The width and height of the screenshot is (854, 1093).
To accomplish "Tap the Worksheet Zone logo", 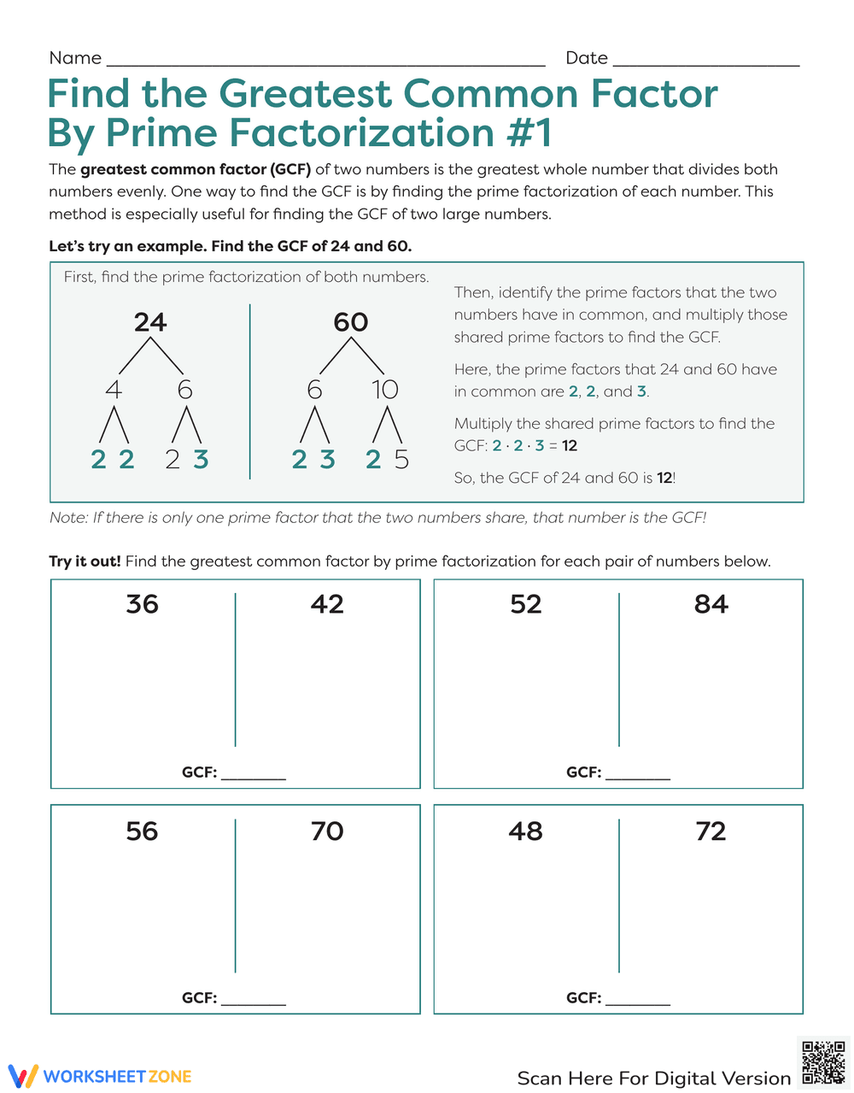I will (100, 1076).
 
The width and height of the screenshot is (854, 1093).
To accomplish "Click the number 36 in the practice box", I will (142, 604).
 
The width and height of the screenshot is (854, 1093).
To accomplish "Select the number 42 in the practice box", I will (327, 604).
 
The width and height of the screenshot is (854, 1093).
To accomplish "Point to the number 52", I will (526, 604).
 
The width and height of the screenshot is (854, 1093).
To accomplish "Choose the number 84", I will (711, 604).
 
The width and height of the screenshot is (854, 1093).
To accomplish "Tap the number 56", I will (142, 831).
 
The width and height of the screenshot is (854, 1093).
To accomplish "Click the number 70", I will (327, 831).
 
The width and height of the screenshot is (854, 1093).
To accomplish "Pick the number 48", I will (526, 831).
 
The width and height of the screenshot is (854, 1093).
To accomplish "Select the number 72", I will (711, 831).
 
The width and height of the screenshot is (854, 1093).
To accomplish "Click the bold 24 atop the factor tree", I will (150, 322).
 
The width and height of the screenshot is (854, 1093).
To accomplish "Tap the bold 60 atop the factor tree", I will (351, 322).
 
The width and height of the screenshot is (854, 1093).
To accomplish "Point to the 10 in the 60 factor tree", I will (385, 390).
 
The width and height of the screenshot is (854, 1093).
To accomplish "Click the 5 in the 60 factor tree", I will (401, 460).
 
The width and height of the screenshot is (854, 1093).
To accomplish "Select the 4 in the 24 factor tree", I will (114, 390).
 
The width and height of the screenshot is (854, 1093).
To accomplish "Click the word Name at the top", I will (75, 58).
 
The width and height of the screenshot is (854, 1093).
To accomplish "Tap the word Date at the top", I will (587, 58).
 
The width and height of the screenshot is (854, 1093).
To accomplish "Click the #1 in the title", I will (529, 133).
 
